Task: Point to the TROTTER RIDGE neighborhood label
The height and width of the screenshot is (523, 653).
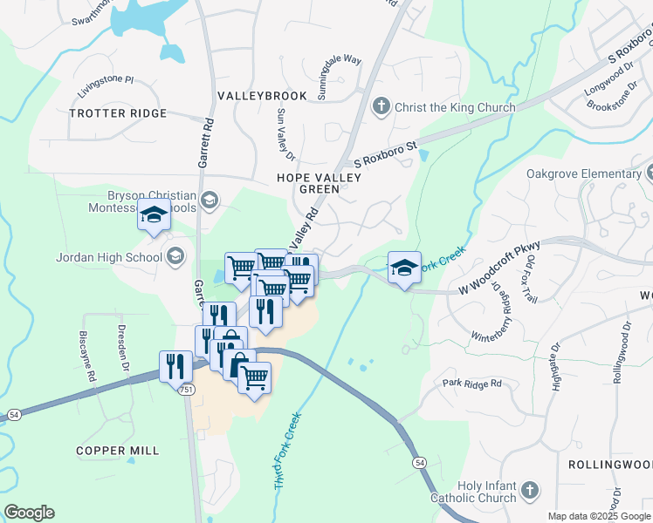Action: click(117, 114)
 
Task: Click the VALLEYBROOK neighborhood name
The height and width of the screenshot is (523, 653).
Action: click(262, 96)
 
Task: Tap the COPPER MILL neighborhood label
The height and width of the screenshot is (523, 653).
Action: click(118, 451)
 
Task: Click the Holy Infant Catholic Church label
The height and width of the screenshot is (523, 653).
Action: click(474, 492)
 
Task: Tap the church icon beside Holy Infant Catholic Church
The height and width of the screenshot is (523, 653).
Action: click(529, 492)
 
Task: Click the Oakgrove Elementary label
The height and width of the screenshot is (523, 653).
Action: click(584, 173)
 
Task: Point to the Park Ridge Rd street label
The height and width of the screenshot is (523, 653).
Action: click(472, 384)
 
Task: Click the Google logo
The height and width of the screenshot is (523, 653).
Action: click(29, 513)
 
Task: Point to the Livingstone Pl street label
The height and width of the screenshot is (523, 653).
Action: click(106, 85)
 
